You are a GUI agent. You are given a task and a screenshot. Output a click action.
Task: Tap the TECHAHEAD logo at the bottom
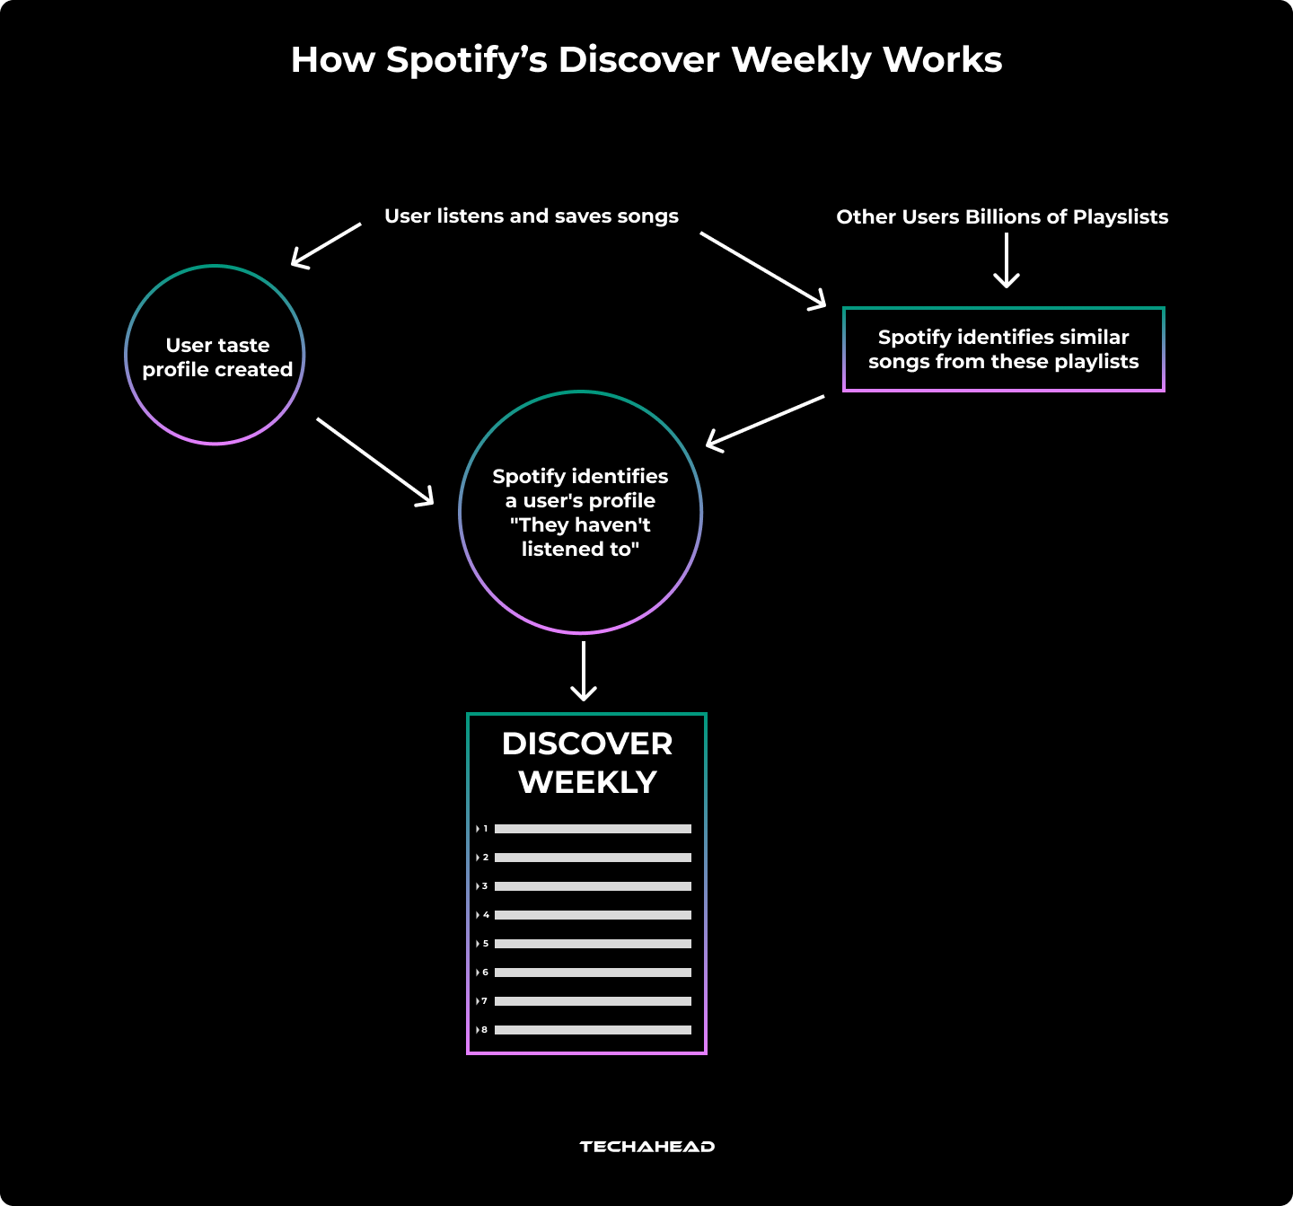coord(646,1147)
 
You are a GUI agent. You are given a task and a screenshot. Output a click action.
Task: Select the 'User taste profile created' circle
coord(215,356)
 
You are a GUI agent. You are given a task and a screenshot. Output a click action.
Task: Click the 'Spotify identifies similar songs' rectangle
coord(1003,349)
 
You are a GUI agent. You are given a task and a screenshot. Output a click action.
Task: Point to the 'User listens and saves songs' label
coord(531,216)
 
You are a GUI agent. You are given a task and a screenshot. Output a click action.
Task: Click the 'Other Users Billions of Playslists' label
coord(1002,217)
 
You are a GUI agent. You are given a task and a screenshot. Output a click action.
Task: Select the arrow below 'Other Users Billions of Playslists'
coord(1007,260)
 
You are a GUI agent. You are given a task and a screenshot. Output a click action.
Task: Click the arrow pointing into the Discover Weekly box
coord(584,671)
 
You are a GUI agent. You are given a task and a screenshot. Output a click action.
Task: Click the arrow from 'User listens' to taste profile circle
coord(326,244)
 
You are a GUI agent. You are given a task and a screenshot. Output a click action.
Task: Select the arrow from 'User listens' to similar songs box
coord(762,269)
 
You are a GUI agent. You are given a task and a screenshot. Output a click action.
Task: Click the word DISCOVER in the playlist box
coord(587,744)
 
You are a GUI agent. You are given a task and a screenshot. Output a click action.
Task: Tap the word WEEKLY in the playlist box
coord(587,782)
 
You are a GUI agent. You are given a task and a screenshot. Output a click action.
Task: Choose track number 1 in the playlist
coord(486,829)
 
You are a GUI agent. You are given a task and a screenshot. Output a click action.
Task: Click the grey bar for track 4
coord(593,915)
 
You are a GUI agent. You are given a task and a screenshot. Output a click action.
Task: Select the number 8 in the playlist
coord(485,1030)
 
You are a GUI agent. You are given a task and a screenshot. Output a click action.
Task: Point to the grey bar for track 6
coord(593,973)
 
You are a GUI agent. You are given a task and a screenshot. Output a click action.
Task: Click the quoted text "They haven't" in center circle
coord(580,525)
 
